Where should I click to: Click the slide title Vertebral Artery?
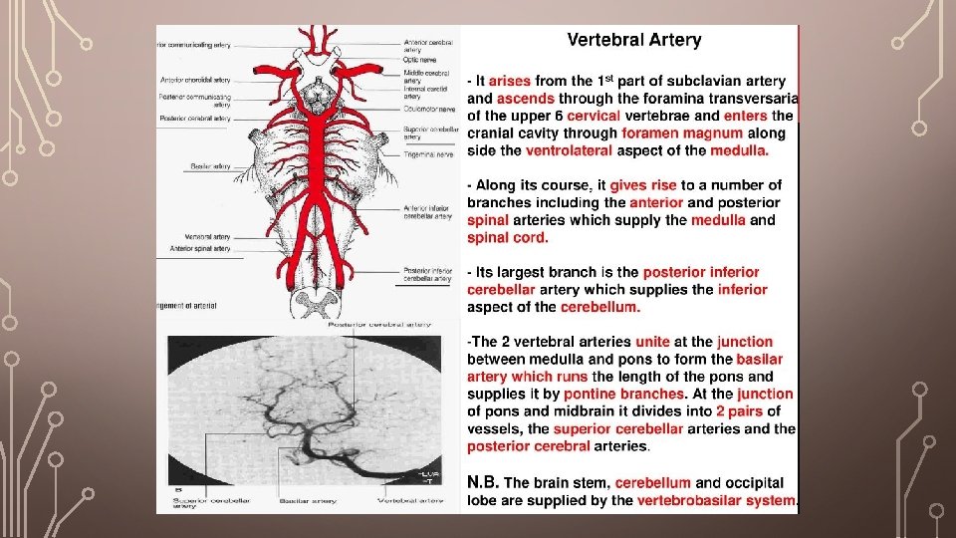[x=634, y=41]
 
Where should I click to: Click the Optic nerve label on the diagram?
[x=418, y=60]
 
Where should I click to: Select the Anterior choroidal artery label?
[x=195, y=79]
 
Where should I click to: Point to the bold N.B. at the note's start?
[x=484, y=482]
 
